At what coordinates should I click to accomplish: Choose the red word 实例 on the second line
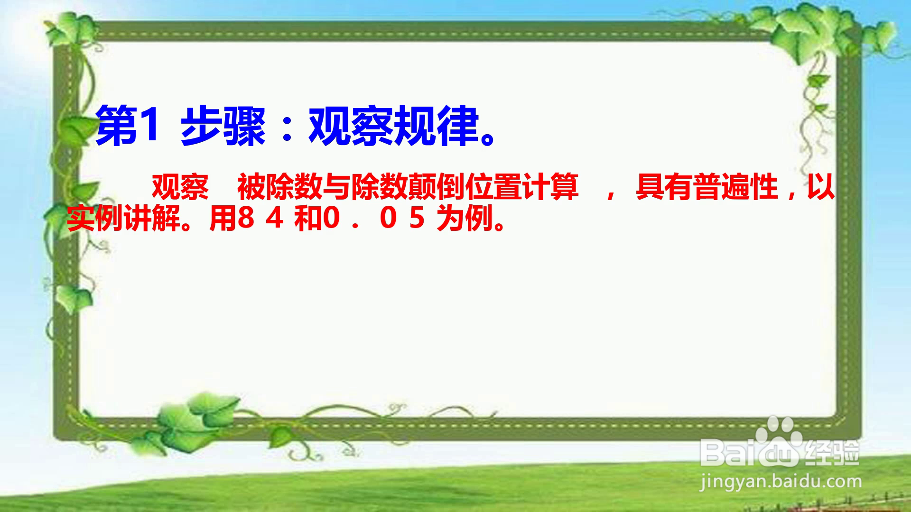point(95,219)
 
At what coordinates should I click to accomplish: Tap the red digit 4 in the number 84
point(275,219)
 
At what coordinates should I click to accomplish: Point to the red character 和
point(308,219)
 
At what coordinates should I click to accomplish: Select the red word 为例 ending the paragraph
point(465,219)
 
